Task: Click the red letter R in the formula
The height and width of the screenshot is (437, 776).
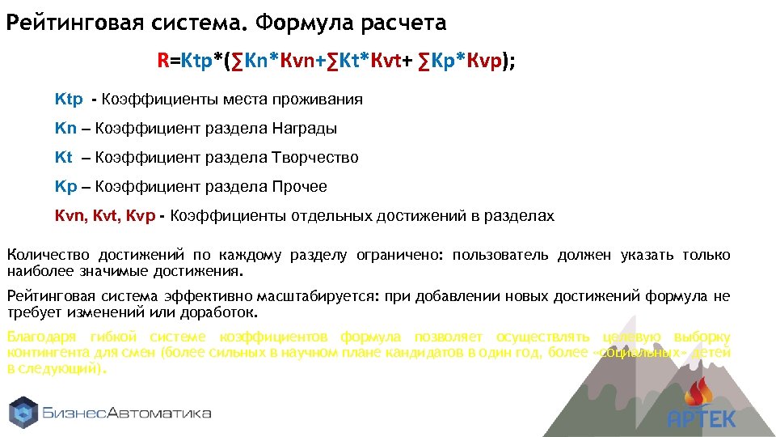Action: [x=163, y=60]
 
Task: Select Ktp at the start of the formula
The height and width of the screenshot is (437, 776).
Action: [x=197, y=60]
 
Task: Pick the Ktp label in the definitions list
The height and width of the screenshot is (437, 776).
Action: [x=69, y=100]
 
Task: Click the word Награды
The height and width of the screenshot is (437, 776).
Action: [x=304, y=129]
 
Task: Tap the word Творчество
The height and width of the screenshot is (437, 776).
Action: [x=314, y=158]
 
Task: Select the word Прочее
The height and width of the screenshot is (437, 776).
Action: [x=300, y=187]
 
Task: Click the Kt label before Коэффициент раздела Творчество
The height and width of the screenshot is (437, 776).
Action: [x=64, y=158]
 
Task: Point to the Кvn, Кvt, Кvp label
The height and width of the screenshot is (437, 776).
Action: [x=104, y=216]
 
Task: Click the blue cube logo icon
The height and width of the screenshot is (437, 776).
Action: [x=24, y=412]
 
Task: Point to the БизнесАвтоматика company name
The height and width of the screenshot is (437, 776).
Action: [x=128, y=413]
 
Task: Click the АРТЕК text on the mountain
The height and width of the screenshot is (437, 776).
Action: [x=702, y=419]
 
